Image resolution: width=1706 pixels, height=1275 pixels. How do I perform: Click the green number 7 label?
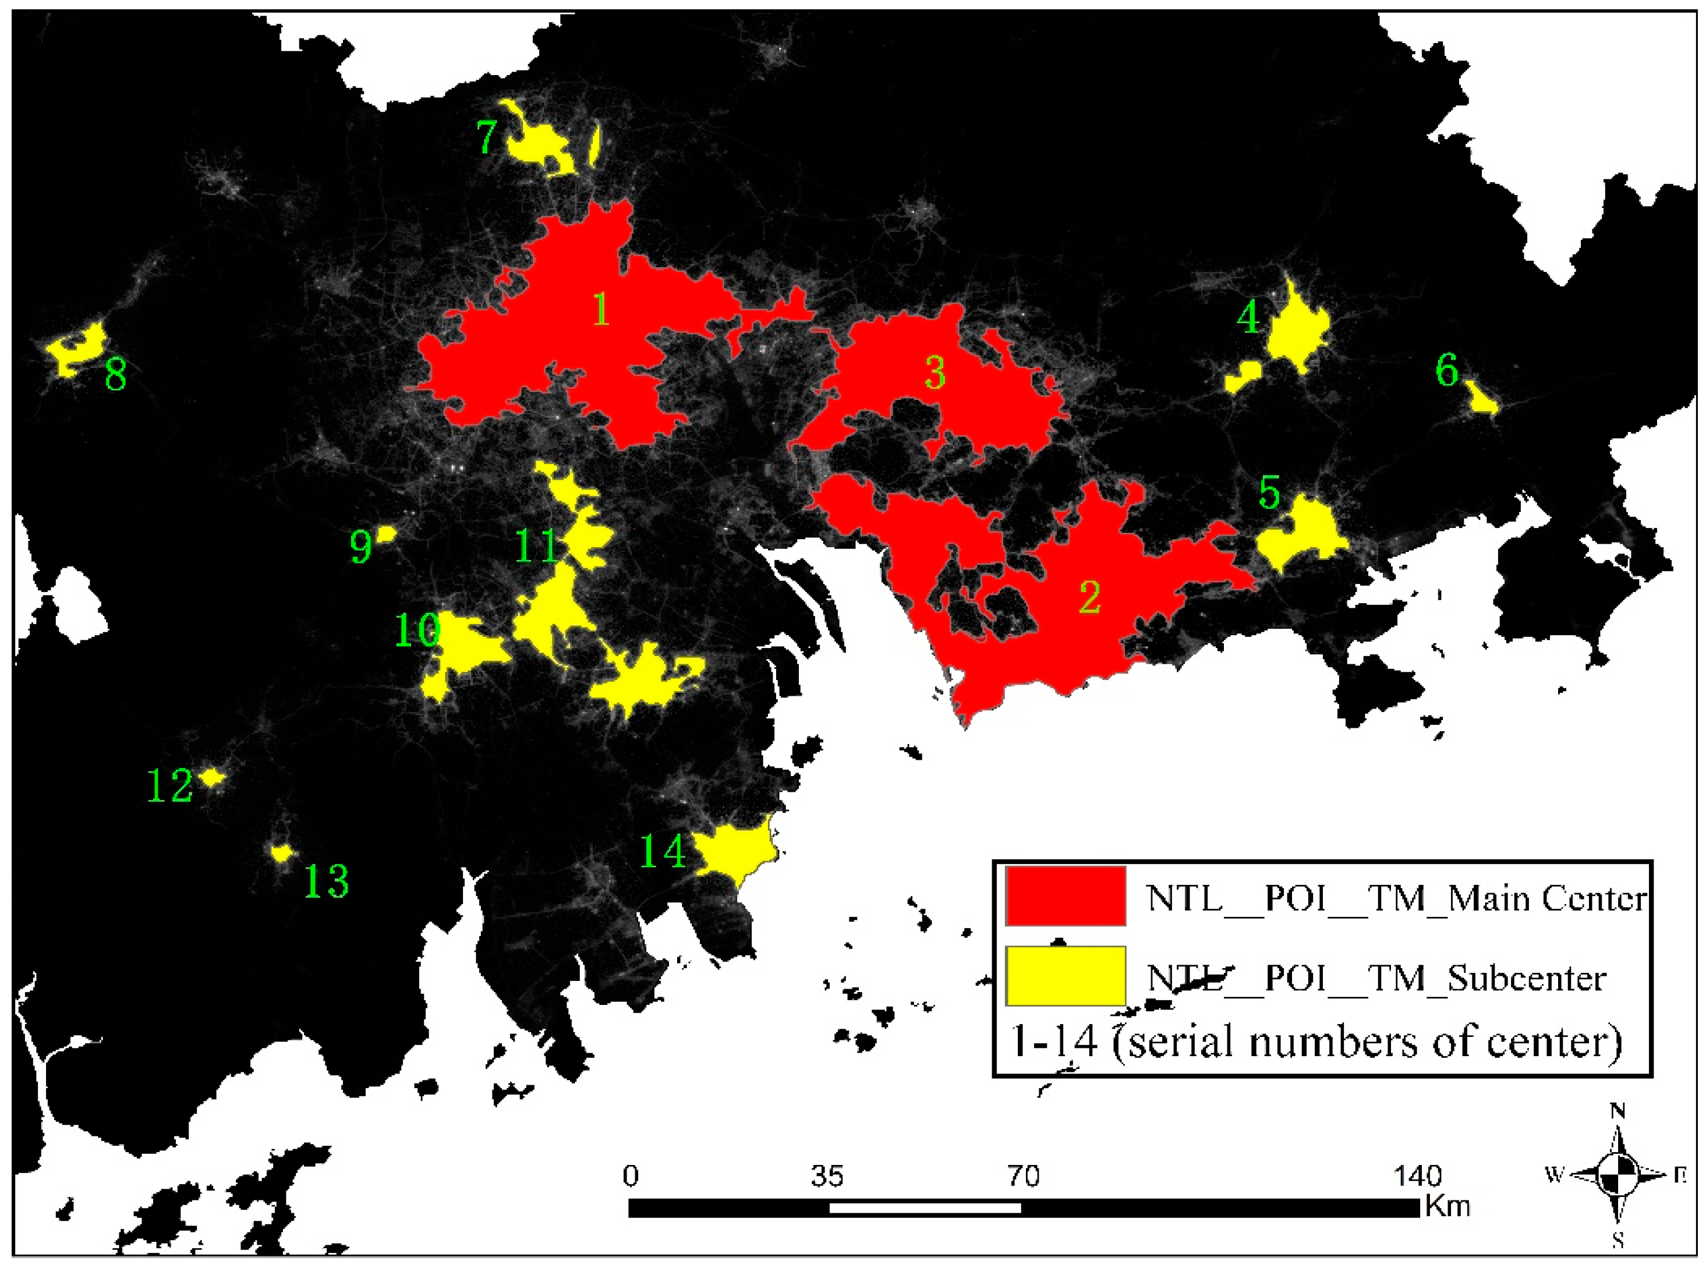pos(487,137)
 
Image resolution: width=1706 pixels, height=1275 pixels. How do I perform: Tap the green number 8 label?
pos(116,375)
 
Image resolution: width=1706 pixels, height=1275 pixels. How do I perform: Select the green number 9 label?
pos(361,547)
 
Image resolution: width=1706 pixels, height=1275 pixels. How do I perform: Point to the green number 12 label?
pos(169,786)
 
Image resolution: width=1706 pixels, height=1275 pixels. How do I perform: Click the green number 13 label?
pos(326,881)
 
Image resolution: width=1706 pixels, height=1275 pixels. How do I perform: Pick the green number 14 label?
pos(663,852)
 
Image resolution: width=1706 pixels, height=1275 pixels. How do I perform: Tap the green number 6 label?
pos(1447,370)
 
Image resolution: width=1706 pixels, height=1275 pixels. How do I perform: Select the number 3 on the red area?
pos(935,373)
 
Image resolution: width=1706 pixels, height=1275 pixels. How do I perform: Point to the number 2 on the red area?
pos(1089,597)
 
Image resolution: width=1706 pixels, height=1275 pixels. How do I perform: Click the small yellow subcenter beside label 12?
pos(211,777)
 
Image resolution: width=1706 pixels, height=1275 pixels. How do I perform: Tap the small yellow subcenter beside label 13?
pos(282,853)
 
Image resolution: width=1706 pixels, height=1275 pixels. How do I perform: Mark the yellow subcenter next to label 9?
pos(385,534)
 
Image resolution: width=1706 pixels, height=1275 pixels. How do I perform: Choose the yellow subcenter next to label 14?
pos(732,851)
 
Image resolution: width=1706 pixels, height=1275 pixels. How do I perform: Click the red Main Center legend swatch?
pos(1065,896)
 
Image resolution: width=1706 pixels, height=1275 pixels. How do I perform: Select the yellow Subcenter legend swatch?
pos(1065,976)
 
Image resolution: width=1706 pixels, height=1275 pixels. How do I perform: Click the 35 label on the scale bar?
pos(827,1176)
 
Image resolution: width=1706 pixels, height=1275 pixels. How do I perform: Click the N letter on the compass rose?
pos(1618,1111)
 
